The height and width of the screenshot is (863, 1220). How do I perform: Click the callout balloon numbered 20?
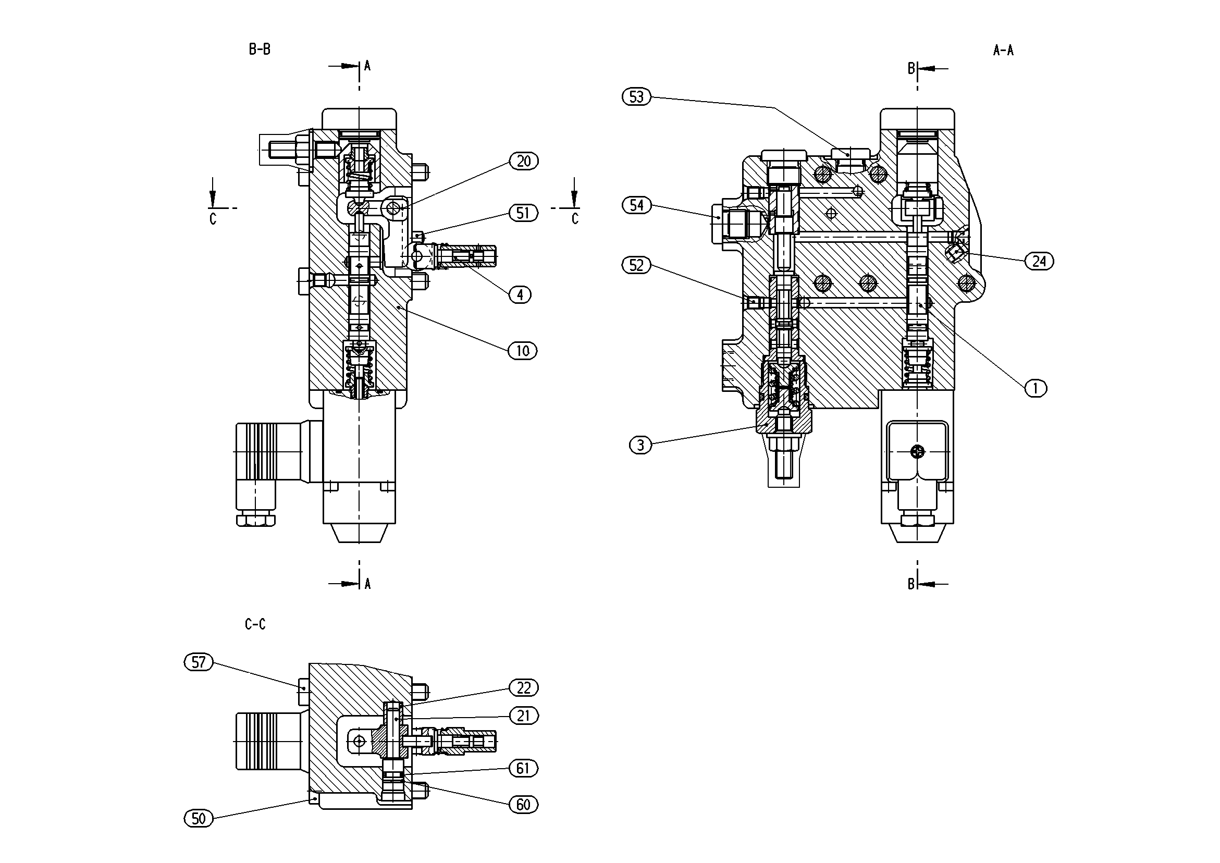click(523, 161)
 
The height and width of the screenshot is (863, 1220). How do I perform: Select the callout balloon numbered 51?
click(523, 213)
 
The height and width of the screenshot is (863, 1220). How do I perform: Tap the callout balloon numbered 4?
click(520, 294)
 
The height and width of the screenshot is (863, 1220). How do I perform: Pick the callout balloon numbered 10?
click(523, 351)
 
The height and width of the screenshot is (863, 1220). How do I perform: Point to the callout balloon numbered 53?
click(636, 97)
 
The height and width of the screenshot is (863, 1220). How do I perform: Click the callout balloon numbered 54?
click(636, 205)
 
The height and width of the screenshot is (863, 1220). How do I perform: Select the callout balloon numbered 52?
click(636, 265)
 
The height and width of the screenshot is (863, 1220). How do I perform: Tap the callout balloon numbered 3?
click(640, 445)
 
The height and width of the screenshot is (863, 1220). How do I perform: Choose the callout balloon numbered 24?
click(1039, 261)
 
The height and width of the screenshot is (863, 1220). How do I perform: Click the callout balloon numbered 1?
click(1035, 388)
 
